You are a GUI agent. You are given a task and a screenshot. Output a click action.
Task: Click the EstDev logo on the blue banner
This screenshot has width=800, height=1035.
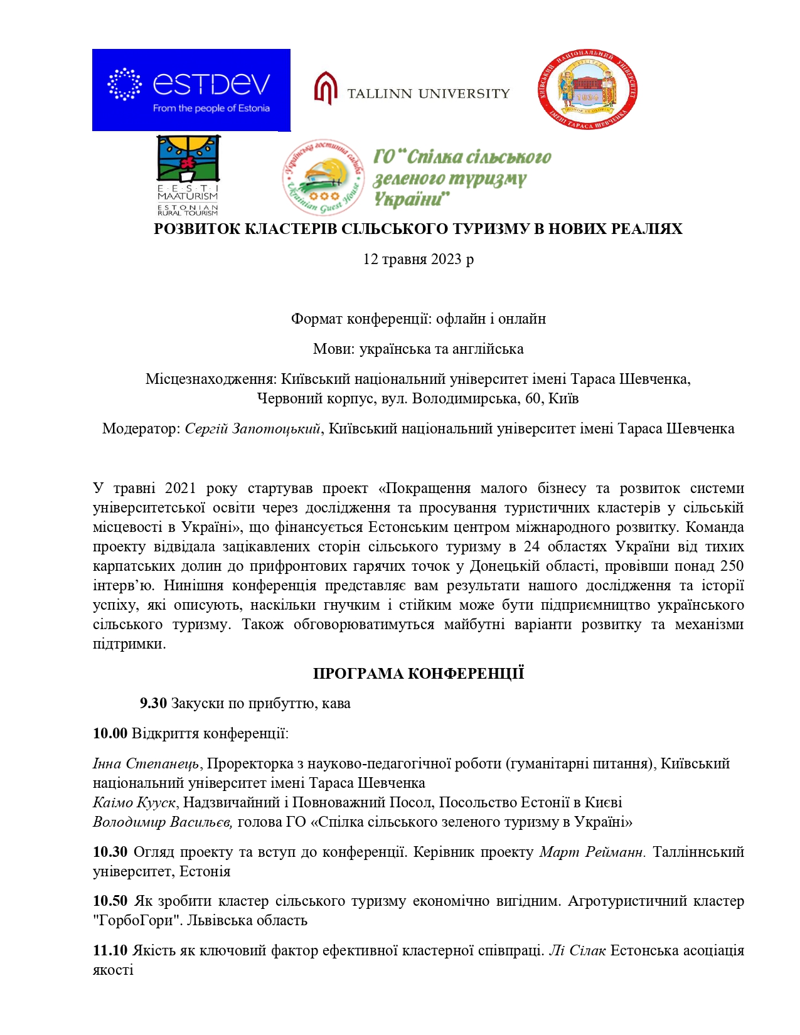(191, 90)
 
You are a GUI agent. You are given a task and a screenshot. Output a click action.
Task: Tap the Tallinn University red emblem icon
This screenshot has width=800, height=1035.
(326, 88)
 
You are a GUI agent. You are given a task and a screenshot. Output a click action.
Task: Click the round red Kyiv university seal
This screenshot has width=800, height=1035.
(588, 90)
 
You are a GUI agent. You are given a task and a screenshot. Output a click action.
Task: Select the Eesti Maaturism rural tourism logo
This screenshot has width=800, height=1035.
(188, 174)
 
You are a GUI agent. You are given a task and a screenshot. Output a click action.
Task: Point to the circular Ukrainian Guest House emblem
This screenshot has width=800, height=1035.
(323, 177)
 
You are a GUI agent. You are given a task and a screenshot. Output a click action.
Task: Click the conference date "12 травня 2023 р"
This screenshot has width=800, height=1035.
(418, 259)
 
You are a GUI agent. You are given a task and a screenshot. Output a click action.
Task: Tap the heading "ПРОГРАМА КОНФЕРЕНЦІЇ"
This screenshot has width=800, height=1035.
(418, 674)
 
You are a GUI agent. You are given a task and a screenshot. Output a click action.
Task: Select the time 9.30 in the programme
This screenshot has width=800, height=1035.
(153, 703)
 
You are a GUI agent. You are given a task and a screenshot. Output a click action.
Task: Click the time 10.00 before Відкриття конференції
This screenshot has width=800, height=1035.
(110, 733)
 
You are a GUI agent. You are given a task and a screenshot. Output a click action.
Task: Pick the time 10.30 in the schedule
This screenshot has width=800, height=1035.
(110, 852)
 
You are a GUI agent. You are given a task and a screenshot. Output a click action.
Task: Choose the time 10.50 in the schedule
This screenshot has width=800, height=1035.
(110, 901)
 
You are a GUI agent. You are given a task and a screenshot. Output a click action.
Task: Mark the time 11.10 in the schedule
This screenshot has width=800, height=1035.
(110, 950)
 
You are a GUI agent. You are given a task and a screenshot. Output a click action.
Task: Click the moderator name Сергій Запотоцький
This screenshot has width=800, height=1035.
(252, 428)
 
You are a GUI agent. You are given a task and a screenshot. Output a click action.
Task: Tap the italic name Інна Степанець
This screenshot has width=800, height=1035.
(146, 763)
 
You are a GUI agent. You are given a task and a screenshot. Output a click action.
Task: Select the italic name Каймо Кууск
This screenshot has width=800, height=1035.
(134, 802)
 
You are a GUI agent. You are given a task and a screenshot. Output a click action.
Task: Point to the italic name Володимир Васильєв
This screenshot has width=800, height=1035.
(163, 822)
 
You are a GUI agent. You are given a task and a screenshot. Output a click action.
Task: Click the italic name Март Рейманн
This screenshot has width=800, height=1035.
(592, 852)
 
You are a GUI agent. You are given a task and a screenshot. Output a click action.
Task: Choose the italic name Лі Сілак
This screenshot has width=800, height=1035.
(577, 950)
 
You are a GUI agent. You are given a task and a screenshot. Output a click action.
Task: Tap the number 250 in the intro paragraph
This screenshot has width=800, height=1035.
(732, 566)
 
